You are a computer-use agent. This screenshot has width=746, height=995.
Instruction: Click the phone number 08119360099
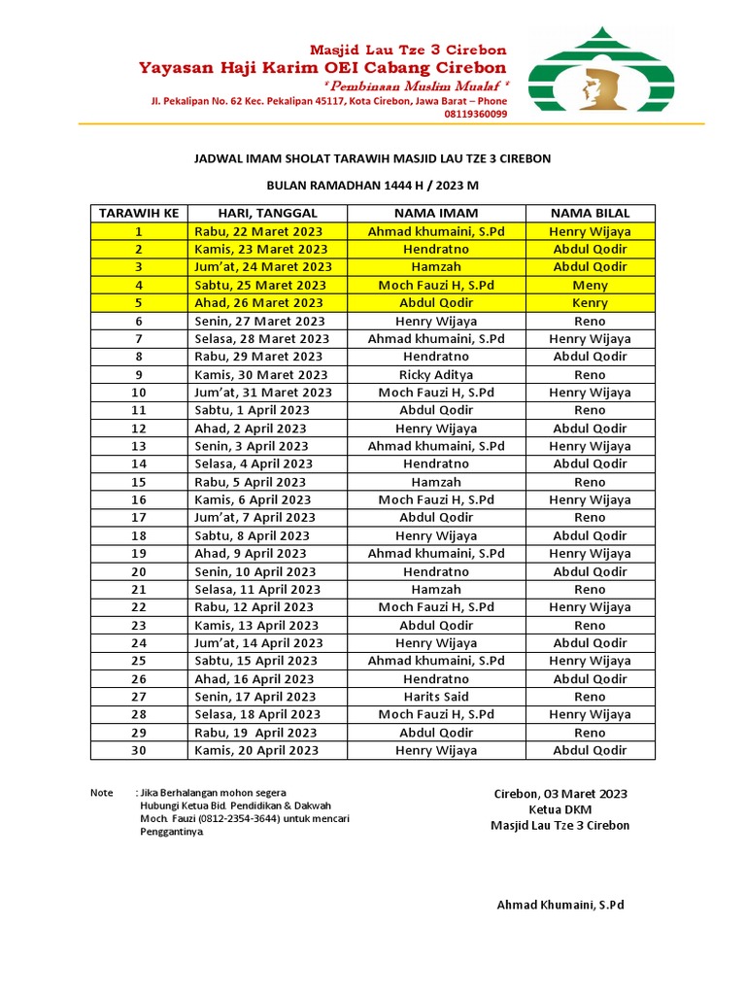click(476, 114)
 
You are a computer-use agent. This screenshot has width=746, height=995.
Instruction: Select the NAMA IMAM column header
click(436, 214)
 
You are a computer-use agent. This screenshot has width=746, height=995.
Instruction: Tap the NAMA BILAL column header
click(590, 214)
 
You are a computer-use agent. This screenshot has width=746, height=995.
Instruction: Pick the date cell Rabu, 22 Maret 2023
click(258, 231)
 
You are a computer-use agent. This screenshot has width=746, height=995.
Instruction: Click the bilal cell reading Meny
click(590, 286)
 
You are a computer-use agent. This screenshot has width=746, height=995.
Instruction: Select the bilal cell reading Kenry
click(590, 303)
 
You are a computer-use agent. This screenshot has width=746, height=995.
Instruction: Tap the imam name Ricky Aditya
click(436, 375)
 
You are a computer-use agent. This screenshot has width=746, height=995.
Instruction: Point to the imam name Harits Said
click(436, 697)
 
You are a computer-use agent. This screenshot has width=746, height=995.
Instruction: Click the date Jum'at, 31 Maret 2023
click(263, 393)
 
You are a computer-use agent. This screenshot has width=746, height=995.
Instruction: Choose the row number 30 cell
click(139, 750)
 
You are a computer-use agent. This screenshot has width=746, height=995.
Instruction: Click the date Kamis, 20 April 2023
click(256, 750)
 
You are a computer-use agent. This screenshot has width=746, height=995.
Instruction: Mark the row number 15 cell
click(139, 482)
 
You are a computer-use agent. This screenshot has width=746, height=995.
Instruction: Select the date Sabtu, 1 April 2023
click(252, 410)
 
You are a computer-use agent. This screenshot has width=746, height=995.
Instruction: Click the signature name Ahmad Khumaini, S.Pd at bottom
click(560, 905)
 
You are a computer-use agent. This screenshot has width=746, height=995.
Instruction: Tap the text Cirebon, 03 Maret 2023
click(560, 794)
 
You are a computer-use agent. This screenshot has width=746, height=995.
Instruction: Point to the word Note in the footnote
click(102, 793)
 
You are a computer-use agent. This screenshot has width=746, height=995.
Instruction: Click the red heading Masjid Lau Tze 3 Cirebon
click(407, 50)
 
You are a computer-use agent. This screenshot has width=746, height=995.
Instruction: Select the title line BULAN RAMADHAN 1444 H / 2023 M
click(373, 185)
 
